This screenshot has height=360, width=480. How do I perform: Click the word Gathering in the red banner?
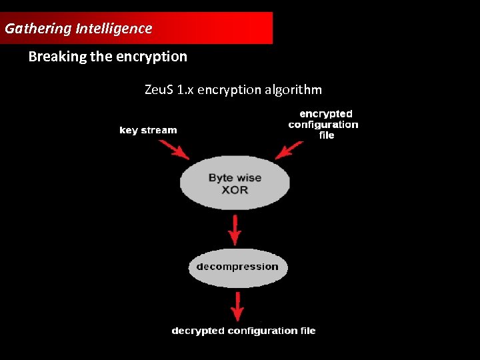pyautogui.click(x=38, y=29)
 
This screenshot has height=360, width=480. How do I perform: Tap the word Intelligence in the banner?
pyautogui.click(x=114, y=29)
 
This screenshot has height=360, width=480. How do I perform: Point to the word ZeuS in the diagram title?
pyautogui.click(x=158, y=89)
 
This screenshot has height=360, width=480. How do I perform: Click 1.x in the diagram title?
pyautogui.click(x=183, y=89)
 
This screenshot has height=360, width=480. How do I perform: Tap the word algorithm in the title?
pyautogui.click(x=293, y=89)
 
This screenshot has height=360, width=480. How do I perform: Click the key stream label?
pyautogui.click(x=148, y=130)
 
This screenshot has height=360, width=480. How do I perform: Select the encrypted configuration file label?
pyautogui.click(x=324, y=125)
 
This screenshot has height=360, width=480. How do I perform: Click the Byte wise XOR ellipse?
pyautogui.click(x=235, y=184)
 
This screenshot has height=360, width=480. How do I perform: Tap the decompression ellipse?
pyautogui.click(x=237, y=267)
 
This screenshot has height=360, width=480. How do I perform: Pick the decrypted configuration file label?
pyautogui.click(x=243, y=331)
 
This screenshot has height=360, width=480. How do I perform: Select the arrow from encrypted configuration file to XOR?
pyautogui.click(x=290, y=151)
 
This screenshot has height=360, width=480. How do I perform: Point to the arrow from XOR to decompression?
pyautogui.click(x=235, y=230)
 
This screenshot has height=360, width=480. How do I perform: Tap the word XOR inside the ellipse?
pyautogui.click(x=235, y=190)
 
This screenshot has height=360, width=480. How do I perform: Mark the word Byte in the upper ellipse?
pyautogui.click(x=221, y=178)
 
